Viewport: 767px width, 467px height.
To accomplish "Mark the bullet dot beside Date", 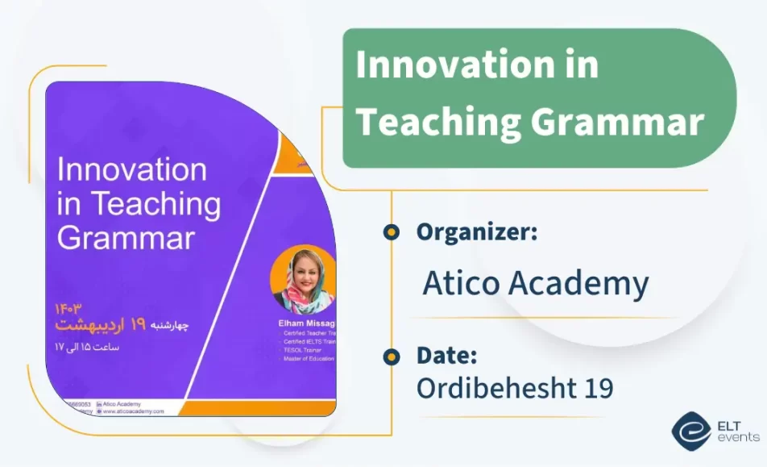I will tap(392, 356).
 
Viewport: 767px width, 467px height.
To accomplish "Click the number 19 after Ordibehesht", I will tap(594, 388).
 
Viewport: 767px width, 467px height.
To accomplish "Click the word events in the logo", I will tap(738, 437).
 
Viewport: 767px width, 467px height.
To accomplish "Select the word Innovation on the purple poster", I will tap(132, 170).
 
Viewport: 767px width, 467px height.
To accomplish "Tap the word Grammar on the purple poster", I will tap(126, 238).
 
